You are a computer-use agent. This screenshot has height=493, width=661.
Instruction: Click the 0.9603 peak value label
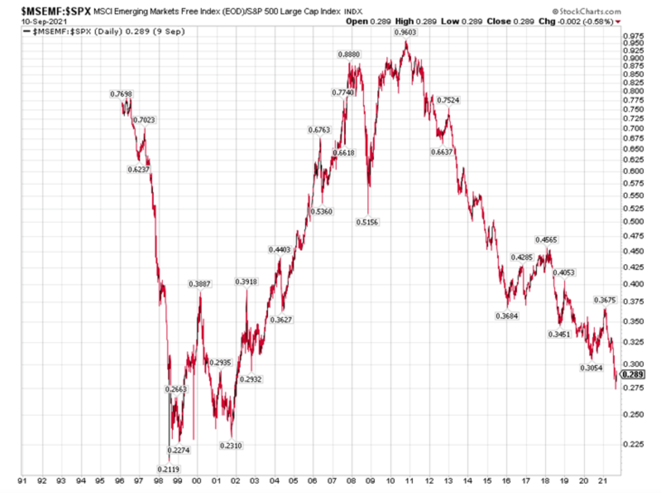[405, 32]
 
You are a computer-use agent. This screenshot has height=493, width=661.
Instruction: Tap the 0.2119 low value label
[168, 469]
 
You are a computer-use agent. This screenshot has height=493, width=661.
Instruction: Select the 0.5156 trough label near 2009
[367, 222]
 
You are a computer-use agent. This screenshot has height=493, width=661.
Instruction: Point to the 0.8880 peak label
[349, 55]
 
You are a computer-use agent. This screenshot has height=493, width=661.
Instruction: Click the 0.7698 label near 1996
[121, 94]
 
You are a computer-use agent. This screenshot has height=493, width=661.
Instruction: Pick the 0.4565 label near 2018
[546, 240]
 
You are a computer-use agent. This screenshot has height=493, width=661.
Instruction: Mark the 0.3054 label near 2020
[591, 368]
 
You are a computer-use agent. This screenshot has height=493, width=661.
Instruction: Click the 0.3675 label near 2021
[605, 300]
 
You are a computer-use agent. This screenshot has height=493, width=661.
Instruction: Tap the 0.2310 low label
[231, 446]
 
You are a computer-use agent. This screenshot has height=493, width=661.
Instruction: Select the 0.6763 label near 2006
[319, 130]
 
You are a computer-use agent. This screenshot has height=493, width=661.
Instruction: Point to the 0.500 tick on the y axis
[633, 222]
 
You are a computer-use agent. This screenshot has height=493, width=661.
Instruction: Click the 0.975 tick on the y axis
[633, 36]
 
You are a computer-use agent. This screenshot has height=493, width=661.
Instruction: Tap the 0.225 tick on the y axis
[633, 444]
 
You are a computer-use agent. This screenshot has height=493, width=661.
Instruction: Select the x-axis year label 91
[22, 481]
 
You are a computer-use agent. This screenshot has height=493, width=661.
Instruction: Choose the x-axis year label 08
[351, 481]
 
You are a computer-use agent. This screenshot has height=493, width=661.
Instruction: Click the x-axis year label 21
[603, 481]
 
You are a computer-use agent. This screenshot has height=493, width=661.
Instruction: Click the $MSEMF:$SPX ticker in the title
[56, 11]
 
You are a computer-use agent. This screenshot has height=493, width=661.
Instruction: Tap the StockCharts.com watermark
[586, 11]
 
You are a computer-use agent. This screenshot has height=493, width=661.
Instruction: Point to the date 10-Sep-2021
[44, 22]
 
